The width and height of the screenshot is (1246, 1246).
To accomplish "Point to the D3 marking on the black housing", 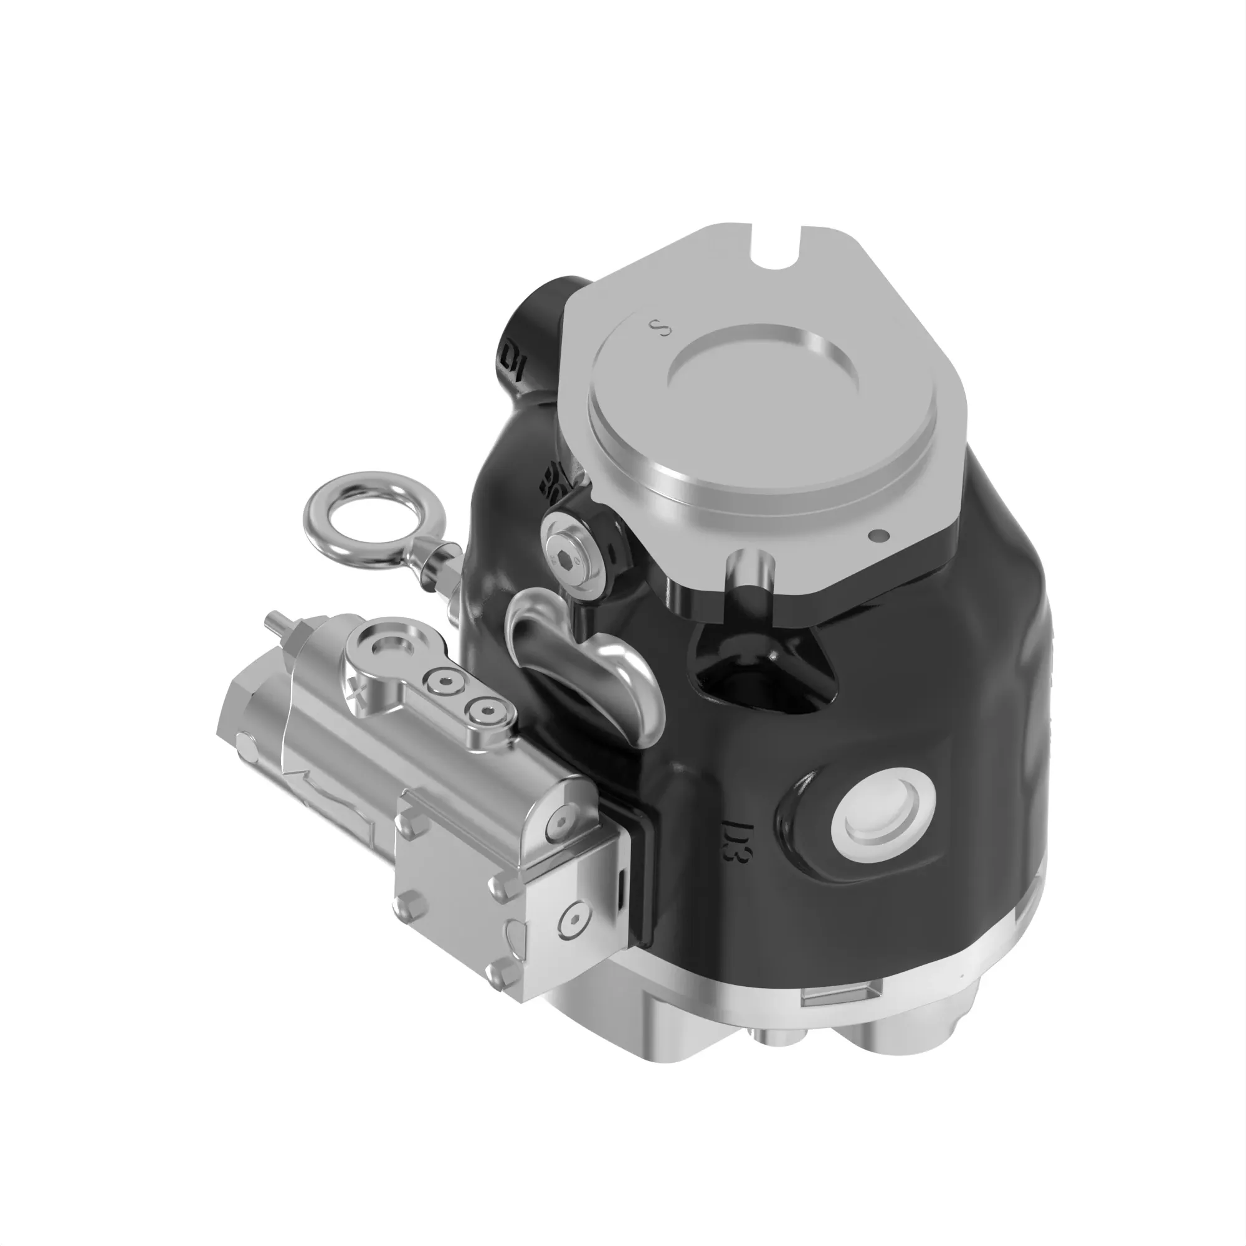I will (736, 842).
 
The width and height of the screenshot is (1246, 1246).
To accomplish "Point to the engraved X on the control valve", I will (356, 692).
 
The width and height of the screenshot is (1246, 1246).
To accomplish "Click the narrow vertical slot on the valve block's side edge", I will (621, 890).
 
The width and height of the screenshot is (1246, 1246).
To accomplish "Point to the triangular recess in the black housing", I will (768, 671).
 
